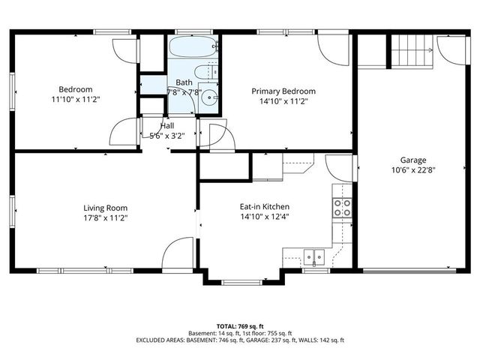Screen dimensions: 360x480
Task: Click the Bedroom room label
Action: (x=76, y=88)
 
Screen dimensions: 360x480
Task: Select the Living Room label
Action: (x=105, y=208)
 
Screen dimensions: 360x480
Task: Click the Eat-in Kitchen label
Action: (x=265, y=206)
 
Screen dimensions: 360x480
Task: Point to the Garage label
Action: (x=413, y=160)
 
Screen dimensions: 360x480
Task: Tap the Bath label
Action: (x=184, y=82)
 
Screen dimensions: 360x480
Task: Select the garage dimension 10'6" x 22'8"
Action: (x=413, y=169)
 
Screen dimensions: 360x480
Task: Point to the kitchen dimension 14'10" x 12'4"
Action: (x=265, y=217)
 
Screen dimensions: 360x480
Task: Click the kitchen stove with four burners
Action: (x=342, y=208)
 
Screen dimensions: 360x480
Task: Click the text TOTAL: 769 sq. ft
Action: (x=240, y=326)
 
